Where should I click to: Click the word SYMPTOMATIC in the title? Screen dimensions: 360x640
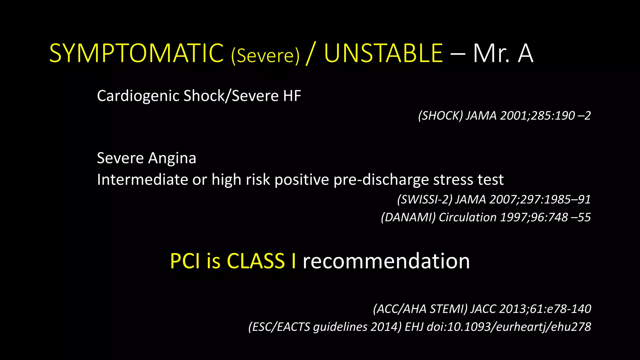click(136, 54)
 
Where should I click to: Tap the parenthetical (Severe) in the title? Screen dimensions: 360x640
click(265, 56)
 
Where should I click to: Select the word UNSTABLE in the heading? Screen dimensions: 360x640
click(383, 54)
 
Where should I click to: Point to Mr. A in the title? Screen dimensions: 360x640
click(503, 54)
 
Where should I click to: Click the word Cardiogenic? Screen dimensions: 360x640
click(138, 96)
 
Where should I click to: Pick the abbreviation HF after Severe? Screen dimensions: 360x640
click(292, 96)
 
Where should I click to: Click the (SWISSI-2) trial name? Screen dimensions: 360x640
click(424, 199)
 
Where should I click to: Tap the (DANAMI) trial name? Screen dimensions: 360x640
click(408, 217)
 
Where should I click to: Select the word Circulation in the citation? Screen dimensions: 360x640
click(467, 217)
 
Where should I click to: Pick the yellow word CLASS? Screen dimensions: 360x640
click(256, 261)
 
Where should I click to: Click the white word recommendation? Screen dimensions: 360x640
click(386, 261)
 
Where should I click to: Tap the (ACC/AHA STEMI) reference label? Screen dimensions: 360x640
click(420, 309)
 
